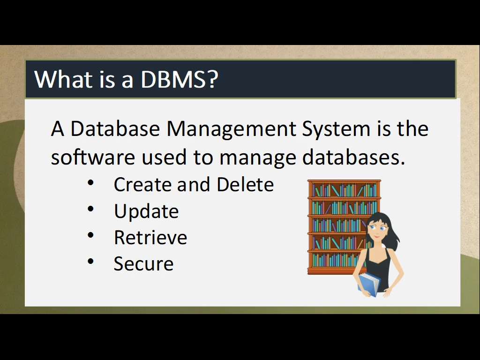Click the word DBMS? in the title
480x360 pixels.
point(179,79)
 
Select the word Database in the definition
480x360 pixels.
point(115,128)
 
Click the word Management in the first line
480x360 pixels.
point(231,129)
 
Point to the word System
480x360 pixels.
point(336,129)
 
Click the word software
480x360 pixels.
point(93,157)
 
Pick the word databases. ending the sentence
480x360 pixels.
point(353,157)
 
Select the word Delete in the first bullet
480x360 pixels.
point(245,185)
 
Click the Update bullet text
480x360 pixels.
point(146,212)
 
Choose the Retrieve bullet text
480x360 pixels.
point(150,238)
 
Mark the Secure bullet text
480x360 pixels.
point(143,263)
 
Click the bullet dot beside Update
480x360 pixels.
point(90,209)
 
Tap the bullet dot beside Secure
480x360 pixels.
point(90,262)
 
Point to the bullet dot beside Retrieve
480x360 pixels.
point(90,235)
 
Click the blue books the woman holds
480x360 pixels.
point(369,285)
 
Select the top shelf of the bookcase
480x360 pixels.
point(344,190)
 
